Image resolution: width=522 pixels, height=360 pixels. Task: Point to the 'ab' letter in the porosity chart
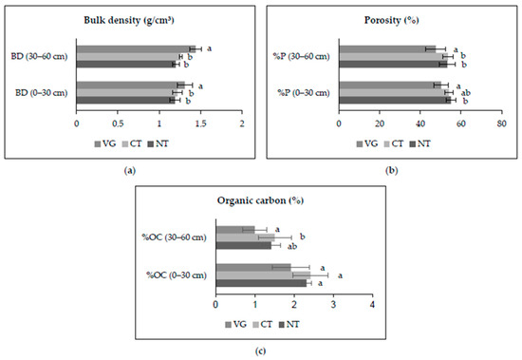(x=466, y=93)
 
